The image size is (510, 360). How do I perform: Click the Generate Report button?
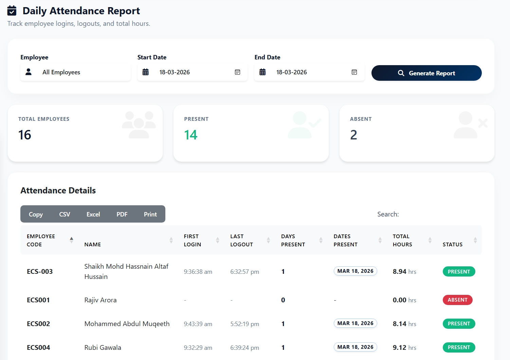pyautogui.click(x=426, y=73)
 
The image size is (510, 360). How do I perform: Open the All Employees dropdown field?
pyautogui.click(x=75, y=72)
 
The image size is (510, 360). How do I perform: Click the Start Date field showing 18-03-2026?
pyautogui.click(x=192, y=72)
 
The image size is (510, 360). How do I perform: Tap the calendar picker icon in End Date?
pyautogui.click(x=354, y=72)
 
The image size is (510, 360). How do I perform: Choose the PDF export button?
pyautogui.click(x=122, y=214)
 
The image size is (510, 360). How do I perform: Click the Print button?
pyautogui.click(x=150, y=214)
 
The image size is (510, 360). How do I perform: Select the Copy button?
pyautogui.click(x=36, y=214)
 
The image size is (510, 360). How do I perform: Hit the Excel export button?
pyautogui.click(x=93, y=214)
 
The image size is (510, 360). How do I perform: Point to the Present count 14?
pyautogui.click(x=190, y=135)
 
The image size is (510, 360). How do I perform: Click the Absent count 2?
pyautogui.click(x=353, y=135)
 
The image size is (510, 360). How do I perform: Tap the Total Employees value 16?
pyautogui.click(x=25, y=135)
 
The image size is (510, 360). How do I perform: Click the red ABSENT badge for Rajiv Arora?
pyautogui.click(x=457, y=300)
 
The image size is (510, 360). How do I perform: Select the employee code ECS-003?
pyautogui.click(x=40, y=271)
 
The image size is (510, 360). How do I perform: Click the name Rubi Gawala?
pyautogui.click(x=103, y=347)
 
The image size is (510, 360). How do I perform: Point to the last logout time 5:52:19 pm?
pyautogui.click(x=244, y=324)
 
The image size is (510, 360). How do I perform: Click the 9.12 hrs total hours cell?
pyautogui.click(x=404, y=347)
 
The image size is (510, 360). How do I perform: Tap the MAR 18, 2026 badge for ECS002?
pyautogui.click(x=355, y=323)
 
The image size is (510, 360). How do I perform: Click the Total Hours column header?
pyautogui.click(x=403, y=240)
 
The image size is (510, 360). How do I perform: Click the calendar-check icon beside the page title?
pyautogui.click(x=12, y=11)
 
